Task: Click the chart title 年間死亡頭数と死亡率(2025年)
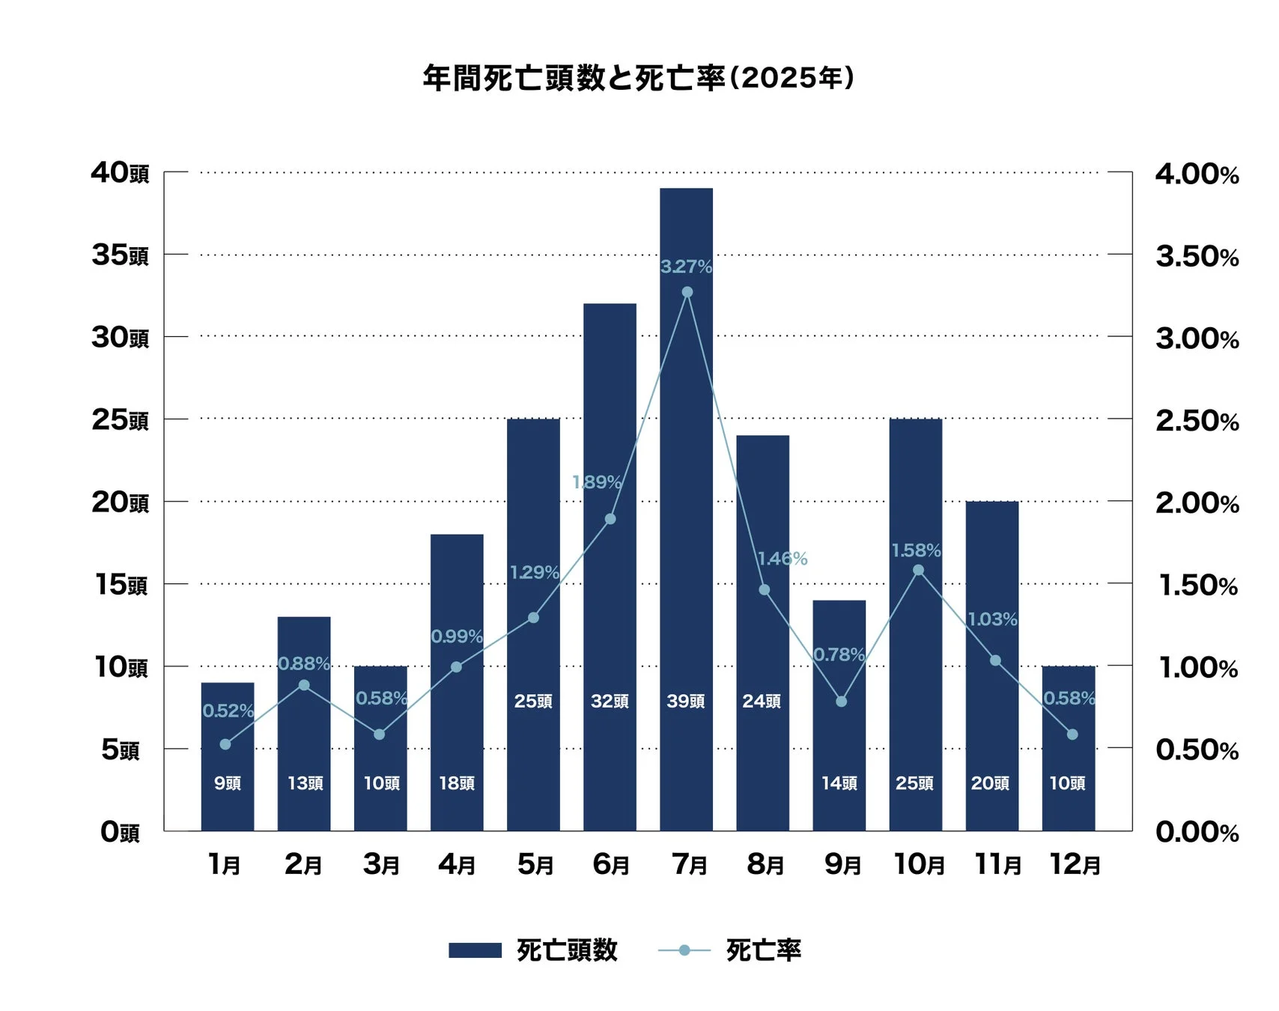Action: [639, 78]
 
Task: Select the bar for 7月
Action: [686, 509]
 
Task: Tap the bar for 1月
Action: [228, 756]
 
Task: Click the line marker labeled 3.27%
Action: [687, 292]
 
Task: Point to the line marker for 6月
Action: [610, 519]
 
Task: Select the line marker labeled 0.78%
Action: [841, 702]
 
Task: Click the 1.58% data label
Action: [916, 550]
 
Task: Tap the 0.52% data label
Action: [228, 711]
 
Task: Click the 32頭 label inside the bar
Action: [610, 701]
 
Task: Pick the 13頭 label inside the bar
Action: [306, 783]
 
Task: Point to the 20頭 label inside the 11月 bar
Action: [990, 783]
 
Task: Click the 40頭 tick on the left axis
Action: [120, 173]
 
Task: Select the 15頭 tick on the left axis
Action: [121, 585]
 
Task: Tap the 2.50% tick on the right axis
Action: [1197, 421]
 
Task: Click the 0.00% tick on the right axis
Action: [1197, 832]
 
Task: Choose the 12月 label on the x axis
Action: [1075, 865]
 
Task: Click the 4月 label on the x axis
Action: [457, 865]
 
